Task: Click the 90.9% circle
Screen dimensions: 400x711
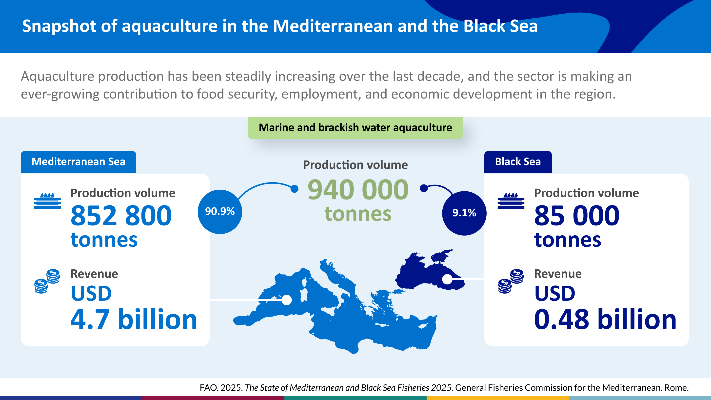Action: (x=220, y=212)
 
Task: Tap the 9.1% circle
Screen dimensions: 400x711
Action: (x=464, y=213)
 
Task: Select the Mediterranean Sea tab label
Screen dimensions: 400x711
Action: (x=79, y=162)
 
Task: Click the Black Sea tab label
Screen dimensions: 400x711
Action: (x=518, y=162)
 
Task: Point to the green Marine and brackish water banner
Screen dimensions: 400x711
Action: (x=355, y=128)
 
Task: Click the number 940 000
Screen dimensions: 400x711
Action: (x=358, y=190)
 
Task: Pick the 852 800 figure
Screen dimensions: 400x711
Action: (x=121, y=216)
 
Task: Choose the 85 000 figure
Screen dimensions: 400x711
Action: (x=577, y=216)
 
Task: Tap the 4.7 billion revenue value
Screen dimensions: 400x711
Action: (x=134, y=320)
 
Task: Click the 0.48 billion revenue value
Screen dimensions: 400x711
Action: (x=605, y=320)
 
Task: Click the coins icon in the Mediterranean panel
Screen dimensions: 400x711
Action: (x=47, y=281)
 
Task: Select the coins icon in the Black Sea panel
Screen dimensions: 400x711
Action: (x=511, y=281)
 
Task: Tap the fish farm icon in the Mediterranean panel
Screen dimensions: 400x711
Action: (x=47, y=201)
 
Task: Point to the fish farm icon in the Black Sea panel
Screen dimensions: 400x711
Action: (x=511, y=201)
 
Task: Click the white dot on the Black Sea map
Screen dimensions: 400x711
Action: (x=447, y=279)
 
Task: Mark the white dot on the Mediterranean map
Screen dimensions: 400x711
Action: (x=286, y=300)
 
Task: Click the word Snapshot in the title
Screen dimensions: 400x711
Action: (x=59, y=26)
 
